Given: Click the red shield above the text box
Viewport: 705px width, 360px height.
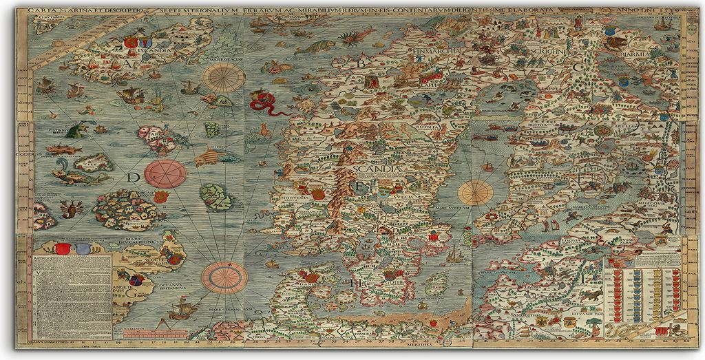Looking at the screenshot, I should (61, 249).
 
